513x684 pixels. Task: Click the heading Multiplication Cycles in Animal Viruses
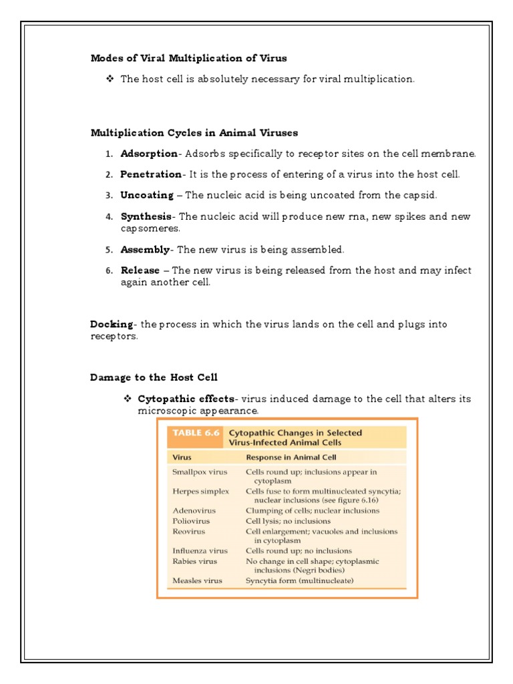(x=194, y=133)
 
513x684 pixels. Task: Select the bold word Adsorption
(x=149, y=154)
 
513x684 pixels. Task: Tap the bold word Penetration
(x=150, y=174)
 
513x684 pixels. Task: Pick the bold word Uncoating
(x=146, y=195)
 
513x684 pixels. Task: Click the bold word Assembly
(x=145, y=250)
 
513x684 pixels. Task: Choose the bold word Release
(x=140, y=271)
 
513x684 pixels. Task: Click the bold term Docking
(x=112, y=324)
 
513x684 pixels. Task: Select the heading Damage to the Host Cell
(x=154, y=377)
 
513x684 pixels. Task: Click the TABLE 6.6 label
(x=196, y=433)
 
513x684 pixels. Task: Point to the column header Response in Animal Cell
(x=291, y=458)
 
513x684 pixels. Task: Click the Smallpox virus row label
(x=200, y=472)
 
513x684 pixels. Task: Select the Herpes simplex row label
(x=200, y=491)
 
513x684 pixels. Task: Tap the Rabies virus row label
(x=195, y=560)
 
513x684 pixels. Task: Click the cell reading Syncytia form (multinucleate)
(x=299, y=580)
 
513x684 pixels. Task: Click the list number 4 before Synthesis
(x=109, y=217)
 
